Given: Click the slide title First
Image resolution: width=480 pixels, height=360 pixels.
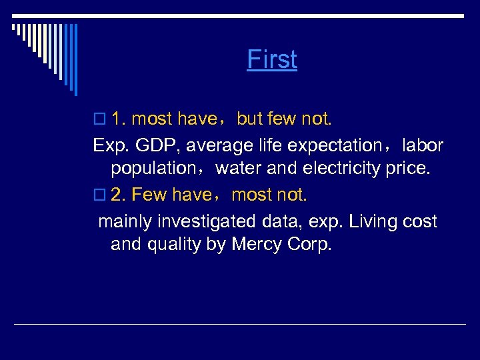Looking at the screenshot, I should coord(272,59).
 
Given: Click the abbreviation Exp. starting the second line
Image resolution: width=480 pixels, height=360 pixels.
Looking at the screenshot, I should coord(109,145).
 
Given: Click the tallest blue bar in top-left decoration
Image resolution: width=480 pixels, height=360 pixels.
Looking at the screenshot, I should coord(75,60).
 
